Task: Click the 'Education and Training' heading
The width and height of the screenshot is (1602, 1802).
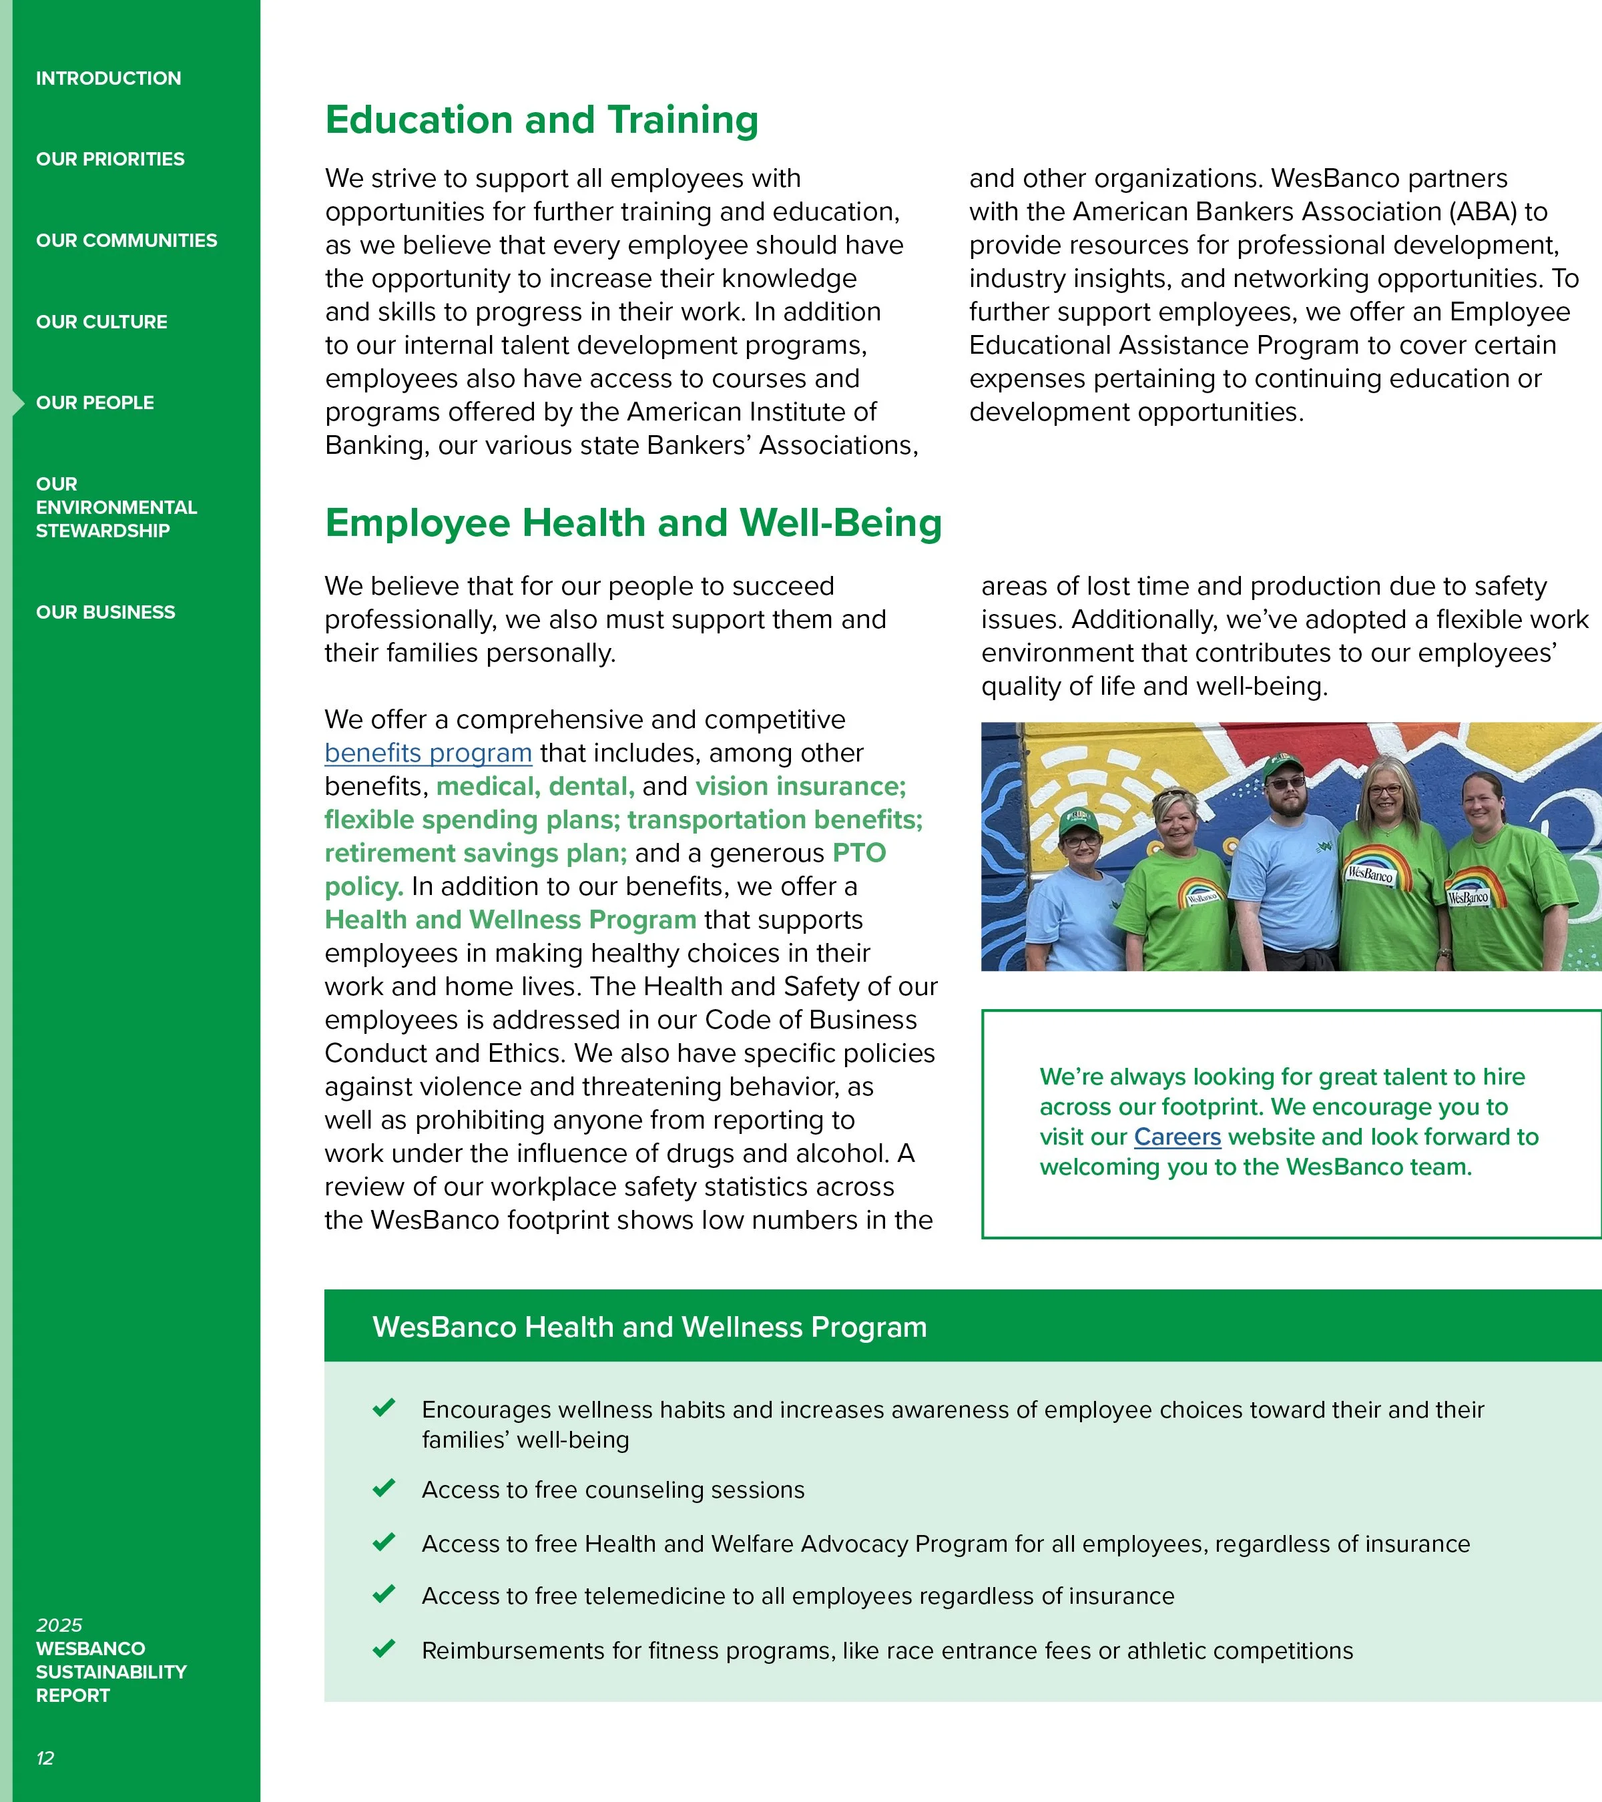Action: pyautogui.click(x=541, y=120)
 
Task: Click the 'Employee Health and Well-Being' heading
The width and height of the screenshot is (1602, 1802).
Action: pyautogui.click(x=633, y=523)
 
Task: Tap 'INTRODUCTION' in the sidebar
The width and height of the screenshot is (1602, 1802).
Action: pyautogui.click(x=108, y=79)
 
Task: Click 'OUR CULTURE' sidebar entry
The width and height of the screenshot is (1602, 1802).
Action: pyautogui.click(x=101, y=322)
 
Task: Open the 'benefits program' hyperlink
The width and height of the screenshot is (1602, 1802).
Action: pyautogui.click(x=428, y=753)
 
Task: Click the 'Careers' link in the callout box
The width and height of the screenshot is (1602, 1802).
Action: pyautogui.click(x=1177, y=1137)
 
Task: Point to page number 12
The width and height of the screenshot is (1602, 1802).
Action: pyautogui.click(x=45, y=1759)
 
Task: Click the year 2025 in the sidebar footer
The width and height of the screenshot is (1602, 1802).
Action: pyautogui.click(x=59, y=1624)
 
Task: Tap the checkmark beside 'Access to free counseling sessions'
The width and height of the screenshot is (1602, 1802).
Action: pyautogui.click(x=384, y=1488)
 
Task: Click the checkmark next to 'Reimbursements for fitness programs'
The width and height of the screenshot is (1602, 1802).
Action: pyautogui.click(x=384, y=1648)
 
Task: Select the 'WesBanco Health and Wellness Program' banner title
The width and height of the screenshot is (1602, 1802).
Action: pyautogui.click(x=649, y=1327)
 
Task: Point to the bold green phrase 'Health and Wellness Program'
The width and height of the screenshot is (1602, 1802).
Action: pyautogui.click(x=511, y=920)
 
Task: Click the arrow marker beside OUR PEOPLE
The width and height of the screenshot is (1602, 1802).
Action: pyautogui.click(x=17, y=403)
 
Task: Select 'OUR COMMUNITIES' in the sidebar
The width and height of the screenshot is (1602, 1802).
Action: pyautogui.click(x=126, y=241)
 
